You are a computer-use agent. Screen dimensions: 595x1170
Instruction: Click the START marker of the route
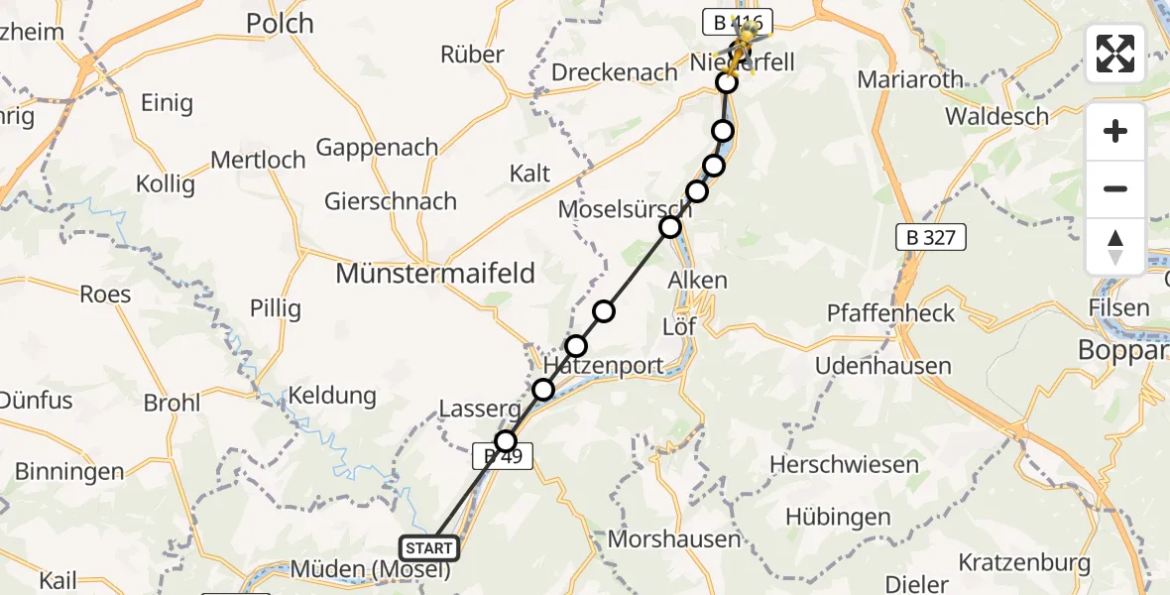click(x=429, y=547)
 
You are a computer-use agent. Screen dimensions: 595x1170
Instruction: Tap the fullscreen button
click(x=1115, y=54)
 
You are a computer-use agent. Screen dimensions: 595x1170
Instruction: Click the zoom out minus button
click(x=1115, y=188)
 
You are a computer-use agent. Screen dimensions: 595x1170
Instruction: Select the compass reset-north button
click(x=1115, y=246)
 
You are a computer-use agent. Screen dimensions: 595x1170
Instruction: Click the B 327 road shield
click(x=930, y=237)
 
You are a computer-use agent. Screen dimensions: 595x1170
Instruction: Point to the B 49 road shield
click(x=503, y=456)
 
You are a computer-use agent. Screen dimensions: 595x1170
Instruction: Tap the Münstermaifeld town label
click(x=435, y=273)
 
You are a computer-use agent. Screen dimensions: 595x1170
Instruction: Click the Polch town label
click(x=279, y=23)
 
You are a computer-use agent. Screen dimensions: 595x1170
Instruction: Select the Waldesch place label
click(x=996, y=116)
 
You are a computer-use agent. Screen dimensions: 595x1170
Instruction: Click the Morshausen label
click(x=688, y=539)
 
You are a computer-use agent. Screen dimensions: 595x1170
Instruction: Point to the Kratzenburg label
click(x=1024, y=562)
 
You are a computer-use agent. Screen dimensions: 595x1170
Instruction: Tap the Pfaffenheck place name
click(x=891, y=313)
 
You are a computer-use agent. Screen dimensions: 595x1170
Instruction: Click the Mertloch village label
click(x=258, y=159)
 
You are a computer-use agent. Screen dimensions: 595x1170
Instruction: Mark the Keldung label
click(x=331, y=396)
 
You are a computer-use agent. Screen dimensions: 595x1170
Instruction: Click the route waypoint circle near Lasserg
click(x=507, y=440)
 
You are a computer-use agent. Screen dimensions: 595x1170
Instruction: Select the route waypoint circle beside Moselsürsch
click(x=670, y=227)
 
